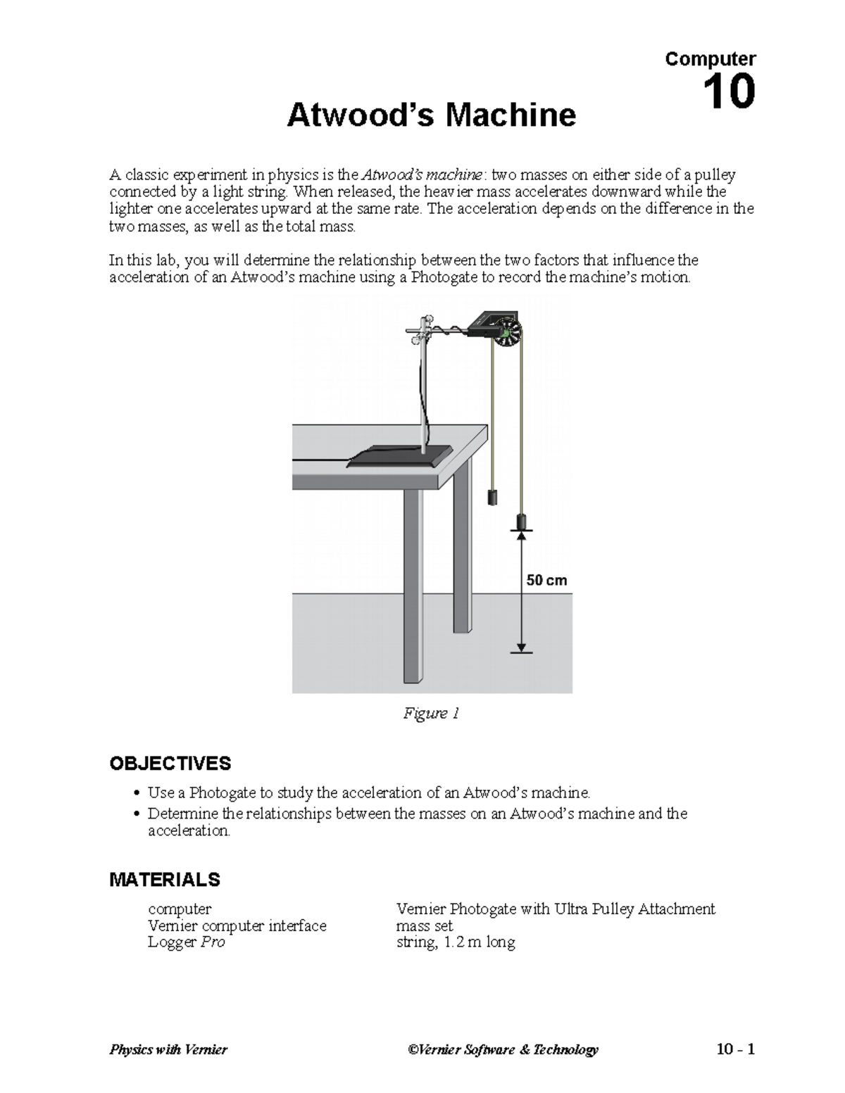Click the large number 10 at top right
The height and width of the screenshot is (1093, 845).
click(729, 92)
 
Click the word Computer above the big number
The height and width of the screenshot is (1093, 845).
click(710, 58)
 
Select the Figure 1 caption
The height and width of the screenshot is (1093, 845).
click(431, 714)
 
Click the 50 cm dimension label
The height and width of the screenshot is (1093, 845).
click(546, 581)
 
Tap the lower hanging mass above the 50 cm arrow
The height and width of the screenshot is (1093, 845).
click(521, 522)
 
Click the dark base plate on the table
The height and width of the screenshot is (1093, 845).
click(399, 457)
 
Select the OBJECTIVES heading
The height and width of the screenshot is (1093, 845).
click(170, 764)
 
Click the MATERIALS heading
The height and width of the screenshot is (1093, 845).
click(165, 880)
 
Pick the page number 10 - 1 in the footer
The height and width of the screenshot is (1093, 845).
click(735, 1050)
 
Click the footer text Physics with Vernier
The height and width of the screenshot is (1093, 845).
click(168, 1050)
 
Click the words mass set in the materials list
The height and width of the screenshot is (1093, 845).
click(425, 925)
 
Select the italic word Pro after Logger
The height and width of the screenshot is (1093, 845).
click(213, 942)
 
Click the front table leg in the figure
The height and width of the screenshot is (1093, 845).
click(413, 584)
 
